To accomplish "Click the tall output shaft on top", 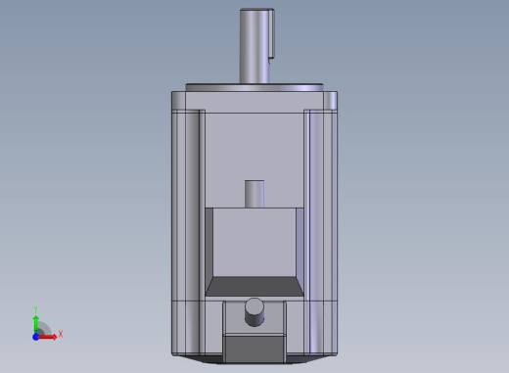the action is [x=254, y=46].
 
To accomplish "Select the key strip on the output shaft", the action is [x=271, y=35].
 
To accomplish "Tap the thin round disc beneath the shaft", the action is [x=254, y=87].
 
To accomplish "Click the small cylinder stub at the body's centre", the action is [x=254, y=194].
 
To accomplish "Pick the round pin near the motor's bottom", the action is [x=254, y=312].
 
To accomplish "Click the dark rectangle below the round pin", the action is [x=254, y=349].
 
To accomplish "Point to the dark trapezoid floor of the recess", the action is [x=254, y=287].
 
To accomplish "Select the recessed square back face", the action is [x=254, y=242].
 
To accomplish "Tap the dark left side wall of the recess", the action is [x=209, y=252].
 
